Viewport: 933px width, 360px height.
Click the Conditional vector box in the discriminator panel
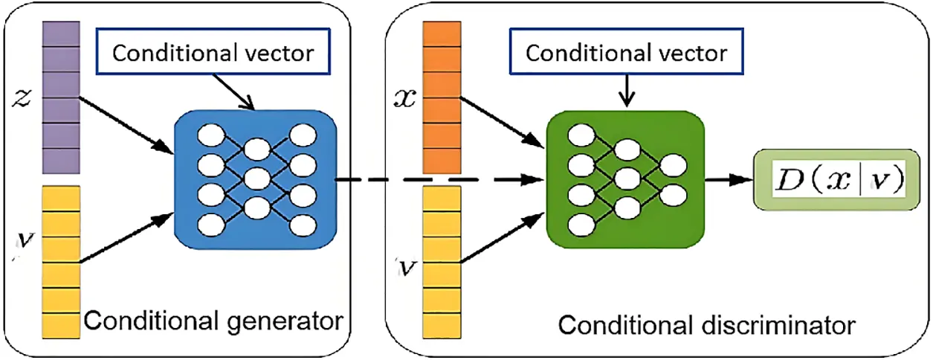(x=625, y=53)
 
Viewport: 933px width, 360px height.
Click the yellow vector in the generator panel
(x=60, y=261)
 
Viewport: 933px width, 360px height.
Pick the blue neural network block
(x=255, y=179)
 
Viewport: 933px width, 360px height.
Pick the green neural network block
(x=624, y=179)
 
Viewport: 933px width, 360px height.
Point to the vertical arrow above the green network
(x=627, y=92)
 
